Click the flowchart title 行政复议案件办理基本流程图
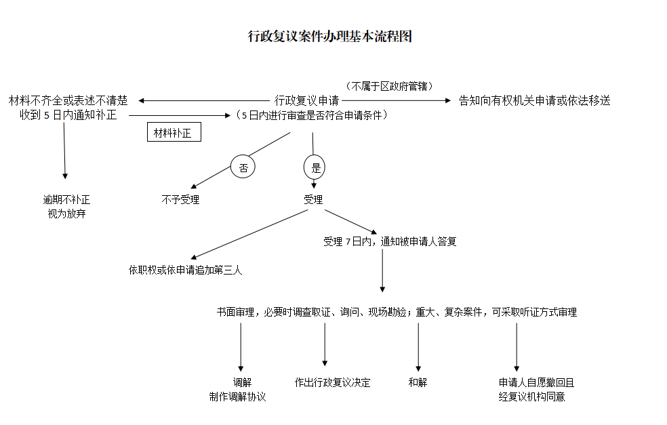pos(329,37)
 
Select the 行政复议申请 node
pos(306,100)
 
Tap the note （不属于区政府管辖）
pos(389,86)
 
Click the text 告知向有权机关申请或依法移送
pos(534,100)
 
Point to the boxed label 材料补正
pos(174,133)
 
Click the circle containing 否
pos(243,167)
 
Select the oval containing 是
pos(315,167)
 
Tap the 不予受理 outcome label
pos(180,200)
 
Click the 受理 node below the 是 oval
pos(313,200)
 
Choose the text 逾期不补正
pos(66,200)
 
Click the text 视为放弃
pos(66,214)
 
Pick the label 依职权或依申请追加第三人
pos(185,270)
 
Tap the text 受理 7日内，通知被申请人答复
pos(390,241)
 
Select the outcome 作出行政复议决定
pos(332,382)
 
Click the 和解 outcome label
pos(418,382)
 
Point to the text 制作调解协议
pos(237,397)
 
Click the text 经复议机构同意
pos(531,397)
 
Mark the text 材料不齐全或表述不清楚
pos(68,100)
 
